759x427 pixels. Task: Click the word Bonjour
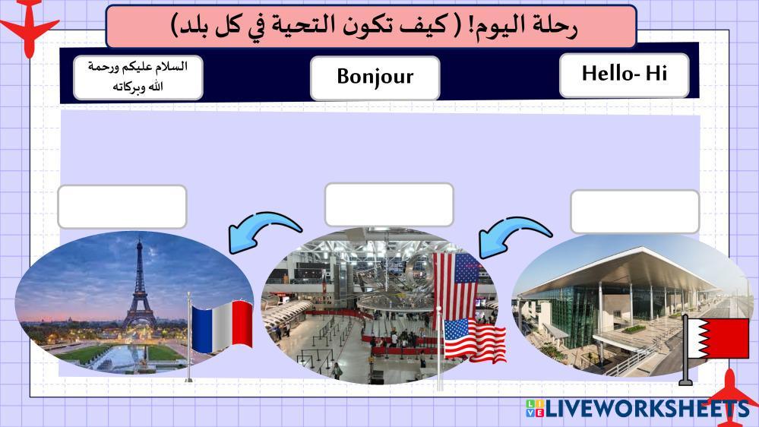point(375,77)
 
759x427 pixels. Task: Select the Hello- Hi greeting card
point(624,75)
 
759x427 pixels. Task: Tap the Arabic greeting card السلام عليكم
point(138,77)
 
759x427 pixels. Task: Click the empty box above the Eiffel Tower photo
point(122,207)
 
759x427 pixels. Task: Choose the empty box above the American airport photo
point(389,205)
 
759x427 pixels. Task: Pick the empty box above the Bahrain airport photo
point(634,211)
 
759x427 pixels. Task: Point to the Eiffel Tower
point(139,286)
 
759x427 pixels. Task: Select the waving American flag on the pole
point(474,340)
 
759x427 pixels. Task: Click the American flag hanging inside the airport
point(455,286)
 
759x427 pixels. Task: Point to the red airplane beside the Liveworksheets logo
point(731,400)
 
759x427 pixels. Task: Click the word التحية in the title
point(310,25)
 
